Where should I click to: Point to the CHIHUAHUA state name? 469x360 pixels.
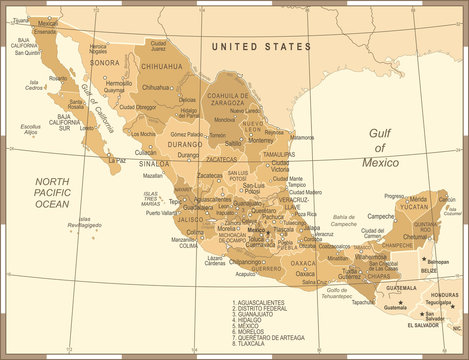162,65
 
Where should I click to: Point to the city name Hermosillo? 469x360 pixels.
118,83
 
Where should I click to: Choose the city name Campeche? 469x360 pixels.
381,215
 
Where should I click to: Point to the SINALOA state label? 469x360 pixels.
154,162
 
